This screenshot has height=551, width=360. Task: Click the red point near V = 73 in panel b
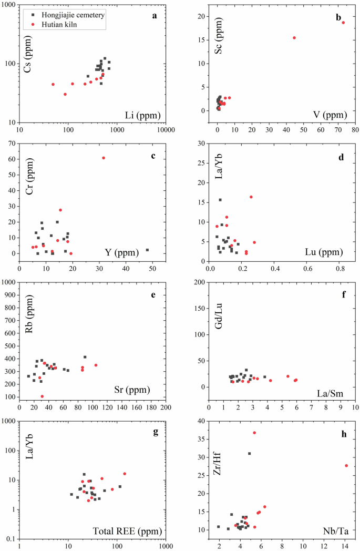[343, 23]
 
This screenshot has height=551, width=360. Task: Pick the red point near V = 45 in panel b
[294, 38]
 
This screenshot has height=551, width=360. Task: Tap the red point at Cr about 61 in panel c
[104, 158]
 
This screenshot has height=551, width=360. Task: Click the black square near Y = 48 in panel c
[147, 250]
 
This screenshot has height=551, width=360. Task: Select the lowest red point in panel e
[42, 396]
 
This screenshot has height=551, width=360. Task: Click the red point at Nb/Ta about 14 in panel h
[346, 466]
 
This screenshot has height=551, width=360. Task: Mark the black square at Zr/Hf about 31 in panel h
[250, 454]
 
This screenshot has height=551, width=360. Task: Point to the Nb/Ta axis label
[334, 532]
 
